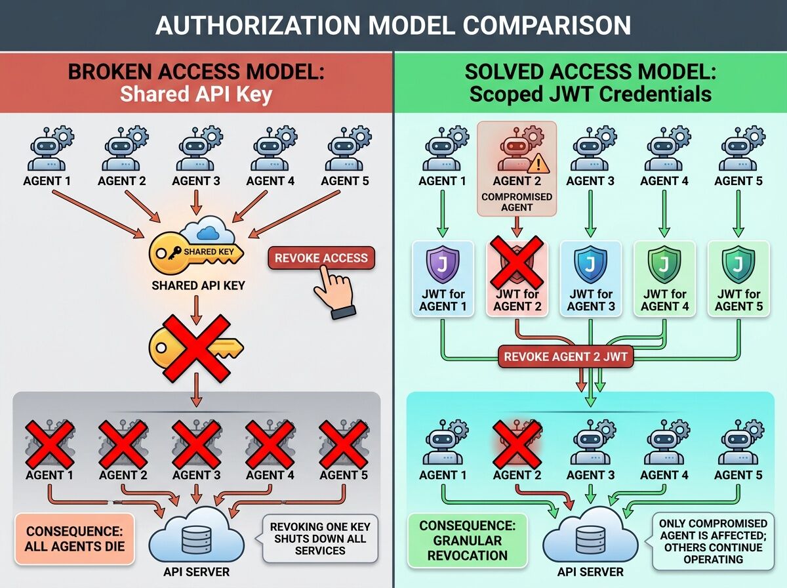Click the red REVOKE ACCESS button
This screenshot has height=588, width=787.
pos(321,258)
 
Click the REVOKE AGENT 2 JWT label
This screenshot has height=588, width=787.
pos(566,357)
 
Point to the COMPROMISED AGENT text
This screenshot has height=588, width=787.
pos(517,202)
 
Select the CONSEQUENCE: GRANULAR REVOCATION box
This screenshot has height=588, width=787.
pos(466,540)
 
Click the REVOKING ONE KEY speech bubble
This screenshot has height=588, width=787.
pos(319,538)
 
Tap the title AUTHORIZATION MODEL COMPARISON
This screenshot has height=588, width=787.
pos(393,24)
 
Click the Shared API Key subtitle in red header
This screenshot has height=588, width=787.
pos(195,94)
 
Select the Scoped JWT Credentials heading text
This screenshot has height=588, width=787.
pos(590,94)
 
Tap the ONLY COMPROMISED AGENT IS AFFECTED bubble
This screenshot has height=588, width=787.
pos(713,541)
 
